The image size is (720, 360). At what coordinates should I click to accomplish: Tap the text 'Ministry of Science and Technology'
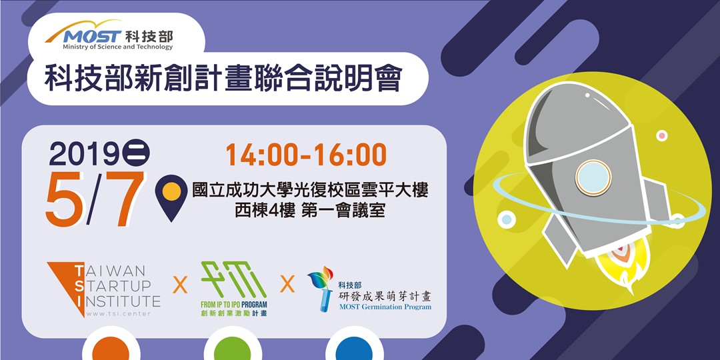click(118, 47)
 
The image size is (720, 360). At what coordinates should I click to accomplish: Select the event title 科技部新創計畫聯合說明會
click(223, 79)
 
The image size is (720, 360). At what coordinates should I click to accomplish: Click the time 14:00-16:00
click(306, 155)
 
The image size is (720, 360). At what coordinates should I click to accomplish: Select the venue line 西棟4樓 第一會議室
click(310, 209)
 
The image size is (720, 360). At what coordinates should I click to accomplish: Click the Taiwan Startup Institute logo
click(103, 288)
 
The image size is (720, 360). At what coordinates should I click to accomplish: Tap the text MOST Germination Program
click(385, 307)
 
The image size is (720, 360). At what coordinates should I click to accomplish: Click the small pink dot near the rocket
click(661, 135)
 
